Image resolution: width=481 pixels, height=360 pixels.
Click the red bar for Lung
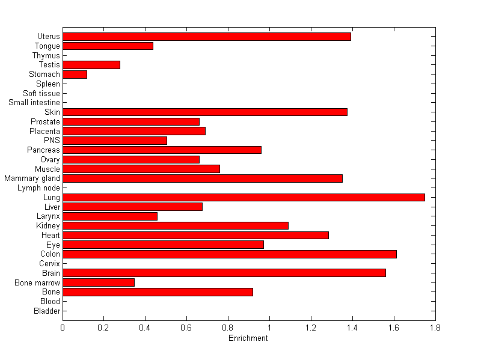point(244,197)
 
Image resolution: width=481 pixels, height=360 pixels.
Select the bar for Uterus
point(207,37)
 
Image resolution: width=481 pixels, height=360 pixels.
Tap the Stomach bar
point(75,75)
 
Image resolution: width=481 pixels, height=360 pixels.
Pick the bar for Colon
point(230,254)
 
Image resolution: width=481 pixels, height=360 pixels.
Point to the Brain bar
point(224,273)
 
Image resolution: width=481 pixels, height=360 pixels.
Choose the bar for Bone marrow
point(99,282)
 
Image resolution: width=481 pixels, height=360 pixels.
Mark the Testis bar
point(91,65)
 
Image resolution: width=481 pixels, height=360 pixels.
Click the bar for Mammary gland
point(203,178)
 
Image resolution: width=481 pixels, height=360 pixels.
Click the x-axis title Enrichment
point(248,338)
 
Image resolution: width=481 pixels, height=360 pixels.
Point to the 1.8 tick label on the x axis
point(435,328)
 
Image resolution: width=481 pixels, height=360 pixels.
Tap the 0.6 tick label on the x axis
point(187,328)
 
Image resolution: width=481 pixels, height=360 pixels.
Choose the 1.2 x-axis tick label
point(311,328)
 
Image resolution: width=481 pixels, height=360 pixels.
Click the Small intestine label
point(34,103)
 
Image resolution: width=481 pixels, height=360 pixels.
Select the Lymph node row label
point(39,188)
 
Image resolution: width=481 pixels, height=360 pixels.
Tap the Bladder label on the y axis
point(47,311)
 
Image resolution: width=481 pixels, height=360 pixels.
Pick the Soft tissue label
point(41,93)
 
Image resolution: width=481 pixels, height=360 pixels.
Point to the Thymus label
point(46,55)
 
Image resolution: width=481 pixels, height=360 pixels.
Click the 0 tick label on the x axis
point(63,328)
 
